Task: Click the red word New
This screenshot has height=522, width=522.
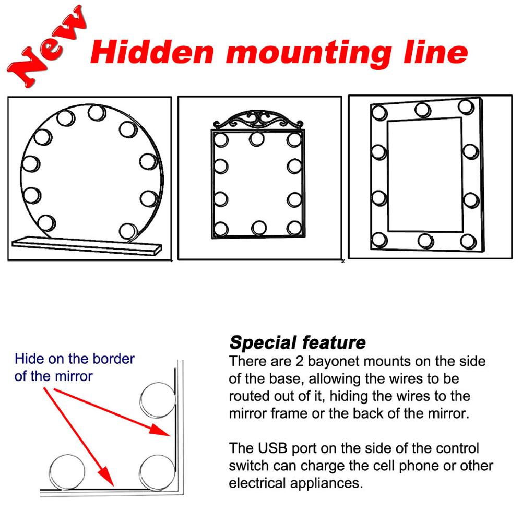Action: tap(46, 46)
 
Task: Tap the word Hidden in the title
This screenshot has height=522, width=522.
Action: tap(152, 52)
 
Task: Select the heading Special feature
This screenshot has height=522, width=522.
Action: tap(298, 342)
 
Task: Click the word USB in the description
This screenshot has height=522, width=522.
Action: tap(272, 448)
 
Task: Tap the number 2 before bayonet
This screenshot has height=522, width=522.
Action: tap(300, 361)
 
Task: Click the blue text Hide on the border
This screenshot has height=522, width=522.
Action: tap(75, 359)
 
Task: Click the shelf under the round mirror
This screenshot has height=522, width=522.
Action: tap(87, 246)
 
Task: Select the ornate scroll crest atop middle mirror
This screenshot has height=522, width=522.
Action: tap(258, 121)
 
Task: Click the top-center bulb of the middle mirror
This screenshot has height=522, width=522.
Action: tap(257, 139)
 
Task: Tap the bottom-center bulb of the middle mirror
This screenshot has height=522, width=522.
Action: tap(259, 228)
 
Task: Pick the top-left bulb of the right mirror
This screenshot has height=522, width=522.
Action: tap(379, 113)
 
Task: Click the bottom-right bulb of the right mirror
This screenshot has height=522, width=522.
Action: tap(468, 241)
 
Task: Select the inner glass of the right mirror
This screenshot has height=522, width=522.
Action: tap(425, 174)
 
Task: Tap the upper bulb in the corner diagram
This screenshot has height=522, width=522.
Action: tap(158, 400)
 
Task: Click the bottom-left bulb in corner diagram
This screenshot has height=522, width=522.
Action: tap(67, 472)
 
